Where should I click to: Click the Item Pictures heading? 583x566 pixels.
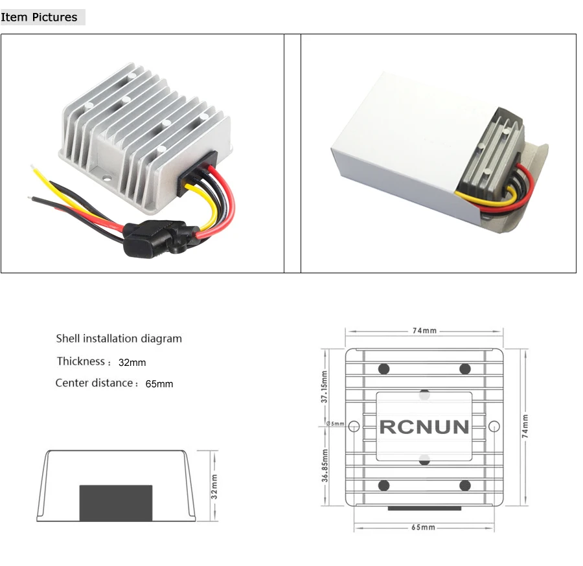39,17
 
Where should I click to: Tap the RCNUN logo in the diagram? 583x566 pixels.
424,427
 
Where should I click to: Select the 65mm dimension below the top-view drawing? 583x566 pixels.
423,527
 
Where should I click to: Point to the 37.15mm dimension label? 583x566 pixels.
325,387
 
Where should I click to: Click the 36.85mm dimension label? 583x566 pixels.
325,466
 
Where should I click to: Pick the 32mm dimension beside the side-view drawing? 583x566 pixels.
214,486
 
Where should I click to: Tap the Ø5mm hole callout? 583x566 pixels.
336,424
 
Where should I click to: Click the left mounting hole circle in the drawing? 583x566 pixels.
354,426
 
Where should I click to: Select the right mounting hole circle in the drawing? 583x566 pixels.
494,426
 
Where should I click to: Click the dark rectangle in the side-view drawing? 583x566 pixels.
116,503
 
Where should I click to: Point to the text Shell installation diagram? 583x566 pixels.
119,339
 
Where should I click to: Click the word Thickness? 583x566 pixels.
81,361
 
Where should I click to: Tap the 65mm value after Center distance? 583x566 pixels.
159,384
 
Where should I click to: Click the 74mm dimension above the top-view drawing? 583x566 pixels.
424,331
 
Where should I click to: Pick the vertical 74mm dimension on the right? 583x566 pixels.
525,426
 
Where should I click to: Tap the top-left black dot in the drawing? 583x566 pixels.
383,369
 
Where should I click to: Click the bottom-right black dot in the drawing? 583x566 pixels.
465,485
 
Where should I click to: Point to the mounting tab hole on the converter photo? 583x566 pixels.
107,178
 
